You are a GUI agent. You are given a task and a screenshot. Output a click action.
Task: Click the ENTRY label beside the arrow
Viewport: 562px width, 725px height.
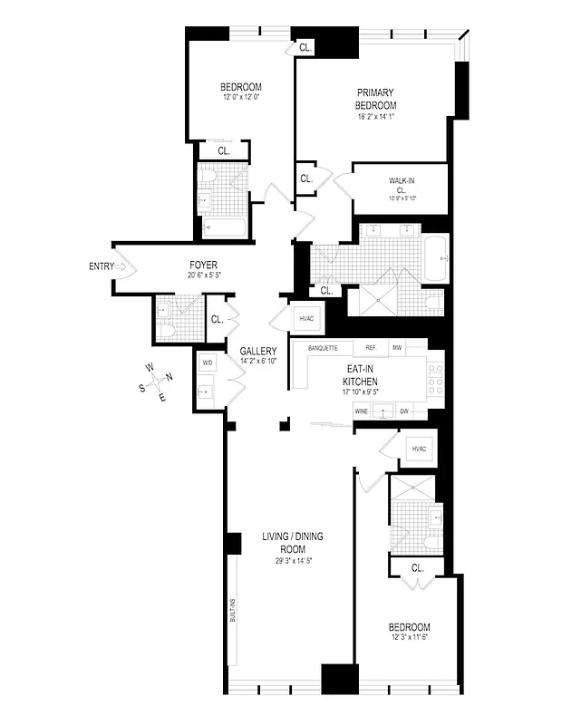click(102, 266)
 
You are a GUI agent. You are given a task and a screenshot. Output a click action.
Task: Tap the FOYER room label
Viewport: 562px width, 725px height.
click(203, 265)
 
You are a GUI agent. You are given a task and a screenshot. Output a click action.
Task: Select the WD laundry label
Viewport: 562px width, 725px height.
click(208, 362)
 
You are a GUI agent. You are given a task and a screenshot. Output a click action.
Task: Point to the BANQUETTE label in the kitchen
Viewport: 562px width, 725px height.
click(324, 348)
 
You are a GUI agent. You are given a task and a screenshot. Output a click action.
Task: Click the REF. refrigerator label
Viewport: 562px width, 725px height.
click(371, 348)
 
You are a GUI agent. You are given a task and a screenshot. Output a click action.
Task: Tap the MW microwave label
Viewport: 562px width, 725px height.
click(397, 348)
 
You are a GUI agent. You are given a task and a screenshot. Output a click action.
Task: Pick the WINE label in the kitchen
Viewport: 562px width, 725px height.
click(361, 412)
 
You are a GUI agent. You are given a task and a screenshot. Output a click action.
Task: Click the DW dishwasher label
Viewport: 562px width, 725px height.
click(405, 412)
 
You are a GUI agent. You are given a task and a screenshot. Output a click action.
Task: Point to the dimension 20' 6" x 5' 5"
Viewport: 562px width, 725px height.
click(203, 275)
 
